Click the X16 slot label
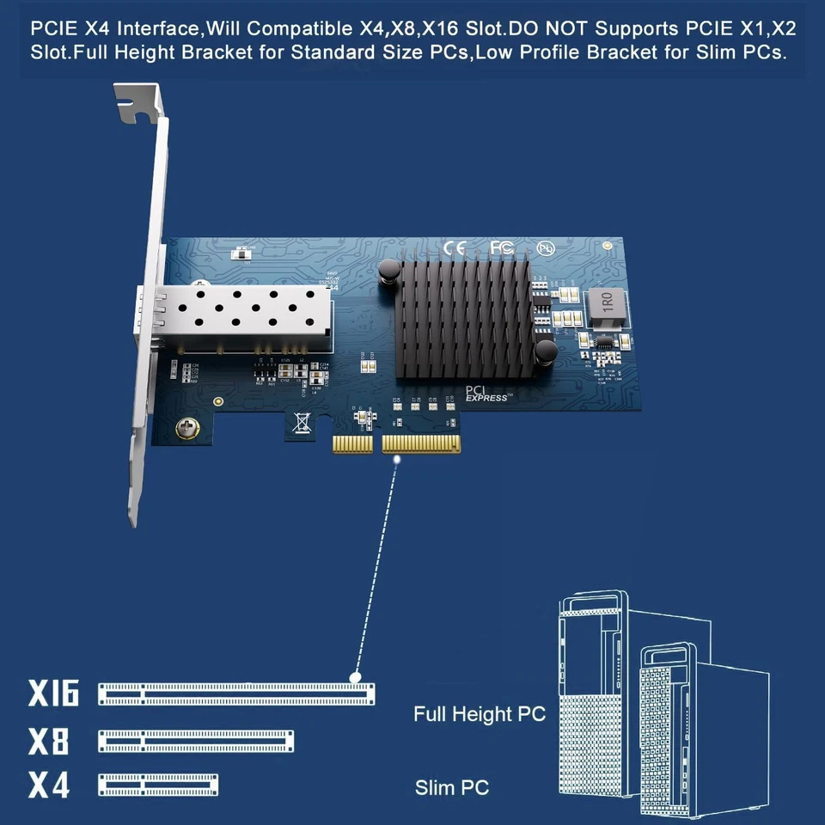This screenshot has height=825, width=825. [53, 693]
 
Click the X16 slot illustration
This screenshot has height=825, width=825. [237, 693]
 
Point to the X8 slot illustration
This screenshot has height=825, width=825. [197, 741]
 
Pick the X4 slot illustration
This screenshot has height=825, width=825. [158, 785]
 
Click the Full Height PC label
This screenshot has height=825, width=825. [479, 714]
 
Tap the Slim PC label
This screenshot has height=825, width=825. [452, 786]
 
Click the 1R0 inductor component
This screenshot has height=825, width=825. [606, 302]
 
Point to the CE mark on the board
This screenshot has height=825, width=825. [454, 248]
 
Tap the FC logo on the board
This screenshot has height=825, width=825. [502, 247]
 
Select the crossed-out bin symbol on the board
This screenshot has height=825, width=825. [302, 422]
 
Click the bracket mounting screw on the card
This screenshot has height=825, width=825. [184, 428]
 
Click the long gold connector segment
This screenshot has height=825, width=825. [421, 444]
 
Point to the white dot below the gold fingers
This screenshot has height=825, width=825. [397, 461]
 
